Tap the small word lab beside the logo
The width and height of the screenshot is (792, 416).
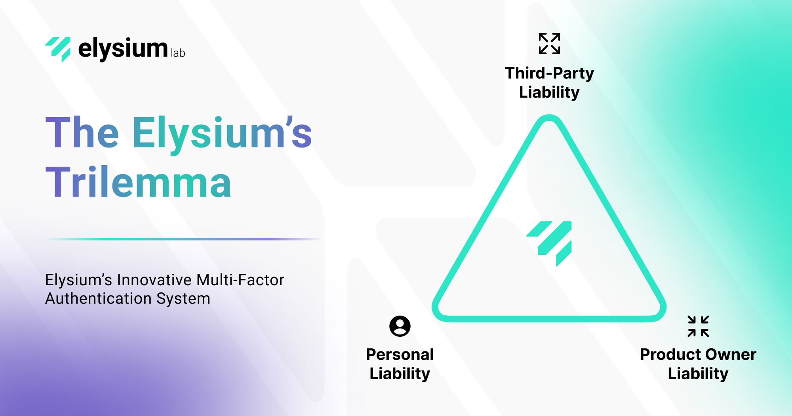(178, 53)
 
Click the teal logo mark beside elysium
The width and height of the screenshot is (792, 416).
(58, 49)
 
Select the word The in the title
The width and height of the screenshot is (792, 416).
(82, 133)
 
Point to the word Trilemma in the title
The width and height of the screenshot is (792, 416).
(138, 182)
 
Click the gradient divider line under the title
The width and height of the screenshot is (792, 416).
(184, 239)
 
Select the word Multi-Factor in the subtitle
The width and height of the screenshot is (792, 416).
(240, 280)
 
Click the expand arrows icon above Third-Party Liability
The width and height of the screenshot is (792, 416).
(549, 44)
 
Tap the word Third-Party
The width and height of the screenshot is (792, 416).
(549, 73)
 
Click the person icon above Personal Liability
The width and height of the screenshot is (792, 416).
(400, 326)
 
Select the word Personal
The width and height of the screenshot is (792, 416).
(400, 354)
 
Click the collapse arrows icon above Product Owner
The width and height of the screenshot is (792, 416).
(698, 326)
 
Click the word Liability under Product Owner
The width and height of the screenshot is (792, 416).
(698, 374)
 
